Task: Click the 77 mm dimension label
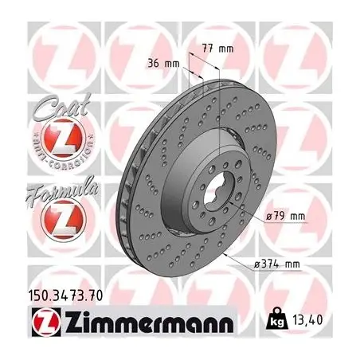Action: click(x=217, y=49)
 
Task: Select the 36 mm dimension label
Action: click(x=163, y=64)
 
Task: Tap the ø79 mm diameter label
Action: click(x=286, y=217)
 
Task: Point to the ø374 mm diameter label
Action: click(x=277, y=264)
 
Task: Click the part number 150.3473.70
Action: click(x=65, y=295)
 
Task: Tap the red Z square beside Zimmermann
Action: click(x=46, y=322)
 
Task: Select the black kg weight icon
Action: click(x=277, y=319)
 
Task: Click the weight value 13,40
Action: click(x=308, y=319)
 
